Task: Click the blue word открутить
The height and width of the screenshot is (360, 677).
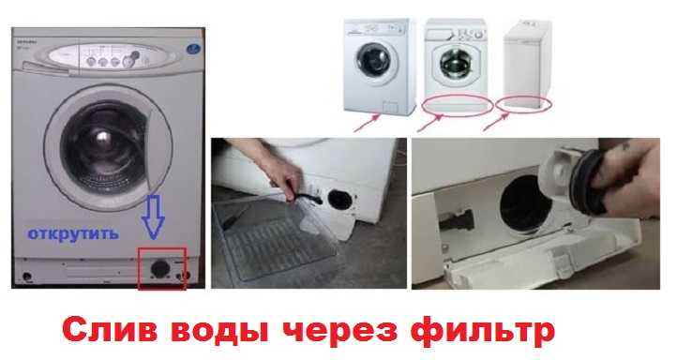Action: point(72,234)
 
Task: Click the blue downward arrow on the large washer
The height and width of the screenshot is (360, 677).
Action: point(153,217)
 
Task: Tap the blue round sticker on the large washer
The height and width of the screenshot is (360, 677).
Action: point(194,49)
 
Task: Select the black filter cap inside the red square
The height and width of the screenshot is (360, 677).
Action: point(159,268)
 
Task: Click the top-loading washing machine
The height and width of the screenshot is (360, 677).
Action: point(527,65)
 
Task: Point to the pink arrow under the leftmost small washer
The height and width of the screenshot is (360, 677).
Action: point(367,122)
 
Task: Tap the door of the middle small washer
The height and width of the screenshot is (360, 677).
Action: point(453,63)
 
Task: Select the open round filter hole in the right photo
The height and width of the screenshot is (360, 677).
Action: point(521,203)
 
